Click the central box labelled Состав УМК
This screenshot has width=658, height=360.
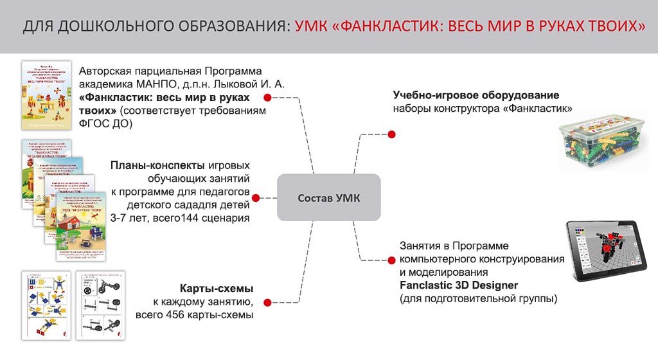(329, 197)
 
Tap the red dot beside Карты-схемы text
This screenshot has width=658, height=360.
(265, 300)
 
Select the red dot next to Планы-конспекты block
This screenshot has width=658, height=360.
(255, 198)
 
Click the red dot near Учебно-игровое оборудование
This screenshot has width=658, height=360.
(392, 134)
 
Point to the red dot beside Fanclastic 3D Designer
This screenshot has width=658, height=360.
(389, 260)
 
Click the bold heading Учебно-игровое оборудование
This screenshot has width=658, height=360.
(476, 95)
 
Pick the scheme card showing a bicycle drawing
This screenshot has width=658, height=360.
(100, 305)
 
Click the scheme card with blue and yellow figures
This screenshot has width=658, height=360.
(46, 305)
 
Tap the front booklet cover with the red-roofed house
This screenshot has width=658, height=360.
(82, 226)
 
